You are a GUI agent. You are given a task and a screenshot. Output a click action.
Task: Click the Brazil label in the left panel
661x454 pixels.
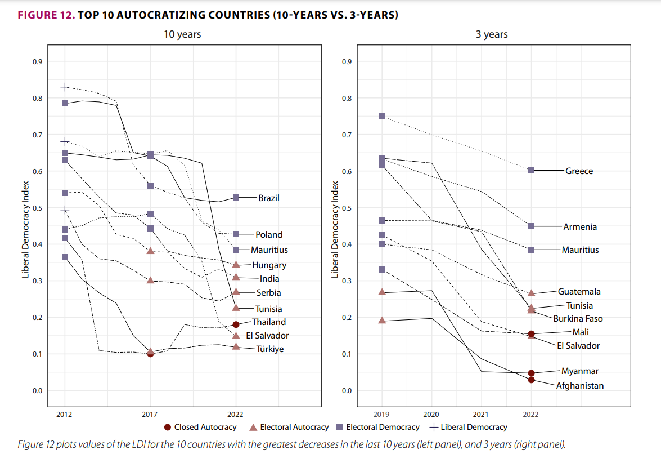tap(269, 198)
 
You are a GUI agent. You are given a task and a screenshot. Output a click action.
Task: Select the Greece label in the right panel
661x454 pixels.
tap(579, 171)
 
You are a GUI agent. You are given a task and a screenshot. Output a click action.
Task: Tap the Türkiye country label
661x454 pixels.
tap(270, 349)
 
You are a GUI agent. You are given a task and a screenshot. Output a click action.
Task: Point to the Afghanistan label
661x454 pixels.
tap(580, 386)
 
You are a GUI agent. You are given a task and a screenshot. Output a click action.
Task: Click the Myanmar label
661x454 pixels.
tap(579, 371)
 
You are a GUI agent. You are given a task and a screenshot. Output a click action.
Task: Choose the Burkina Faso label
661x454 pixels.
tap(578, 319)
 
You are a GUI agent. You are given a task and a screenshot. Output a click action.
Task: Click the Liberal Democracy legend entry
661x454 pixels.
tap(474, 428)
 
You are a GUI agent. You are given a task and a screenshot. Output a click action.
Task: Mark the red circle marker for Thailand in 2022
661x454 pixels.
tap(236, 324)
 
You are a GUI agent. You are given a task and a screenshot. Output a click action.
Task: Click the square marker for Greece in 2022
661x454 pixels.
tap(531, 170)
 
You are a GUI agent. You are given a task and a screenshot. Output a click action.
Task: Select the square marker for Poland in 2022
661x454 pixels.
tap(236, 234)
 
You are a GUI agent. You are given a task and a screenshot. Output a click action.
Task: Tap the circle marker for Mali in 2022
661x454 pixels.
tap(531, 334)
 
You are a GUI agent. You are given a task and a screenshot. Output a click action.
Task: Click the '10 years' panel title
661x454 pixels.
tap(182, 34)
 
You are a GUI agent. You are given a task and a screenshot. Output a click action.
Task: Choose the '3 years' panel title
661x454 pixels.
tap(492, 34)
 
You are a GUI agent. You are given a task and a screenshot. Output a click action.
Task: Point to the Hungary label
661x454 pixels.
tap(269, 265)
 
